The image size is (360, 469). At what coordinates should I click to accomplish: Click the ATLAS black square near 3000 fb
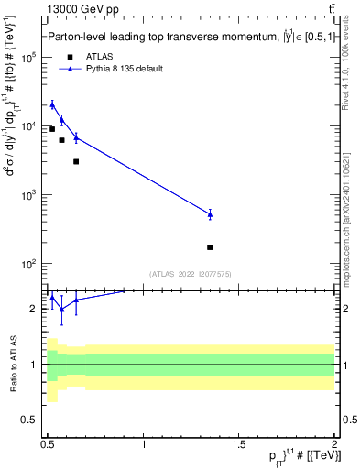(x=76, y=161)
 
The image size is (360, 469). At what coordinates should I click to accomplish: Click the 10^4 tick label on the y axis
(x=29, y=126)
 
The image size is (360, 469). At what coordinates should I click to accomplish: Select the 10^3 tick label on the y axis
(x=29, y=195)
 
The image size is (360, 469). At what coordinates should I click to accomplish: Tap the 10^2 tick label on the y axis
(x=29, y=264)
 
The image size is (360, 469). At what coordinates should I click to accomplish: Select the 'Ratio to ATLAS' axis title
(x=13, y=364)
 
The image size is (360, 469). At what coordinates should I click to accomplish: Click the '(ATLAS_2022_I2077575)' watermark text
(x=190, y=273)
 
